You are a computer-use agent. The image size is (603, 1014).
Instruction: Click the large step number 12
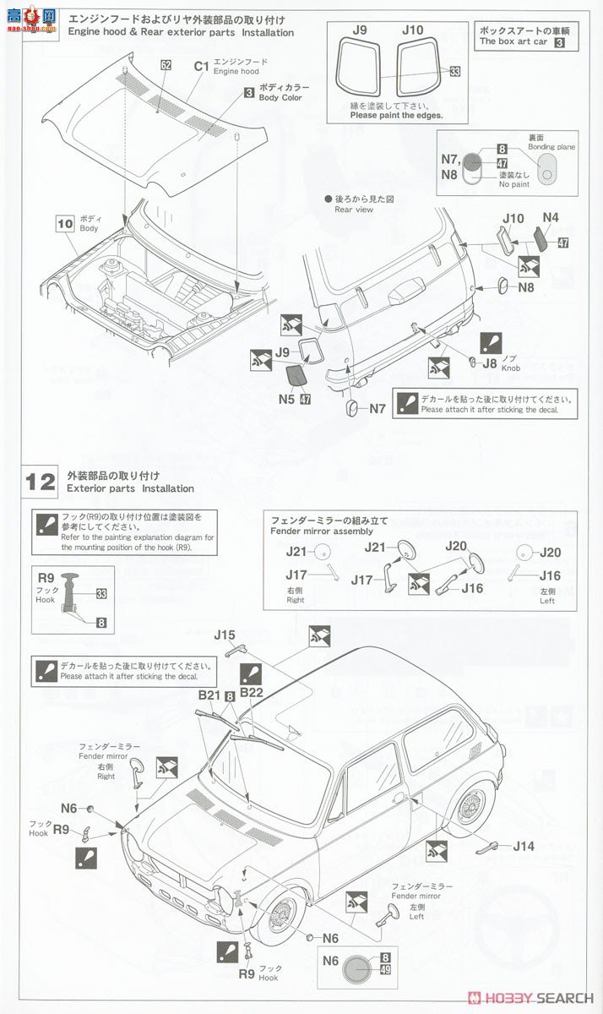(x=40, y=482)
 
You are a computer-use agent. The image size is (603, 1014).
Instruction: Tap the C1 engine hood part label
(x=201, y=66)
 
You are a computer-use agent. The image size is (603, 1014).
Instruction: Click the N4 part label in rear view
(x=551, y=217)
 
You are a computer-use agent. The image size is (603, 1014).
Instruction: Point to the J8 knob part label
(x=490, y=364)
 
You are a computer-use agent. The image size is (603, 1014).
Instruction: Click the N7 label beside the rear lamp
(x=377, y=409)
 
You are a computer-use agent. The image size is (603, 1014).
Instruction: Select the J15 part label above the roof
(x=225, y=635)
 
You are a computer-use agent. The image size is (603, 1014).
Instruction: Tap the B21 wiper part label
(x=209, y=695)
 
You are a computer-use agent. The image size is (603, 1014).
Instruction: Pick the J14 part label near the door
(x=524, y=846)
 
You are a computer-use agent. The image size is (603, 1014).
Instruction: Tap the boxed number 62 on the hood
(x=166, y=65)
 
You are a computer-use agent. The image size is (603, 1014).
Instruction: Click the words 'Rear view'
(x=353, y=210)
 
